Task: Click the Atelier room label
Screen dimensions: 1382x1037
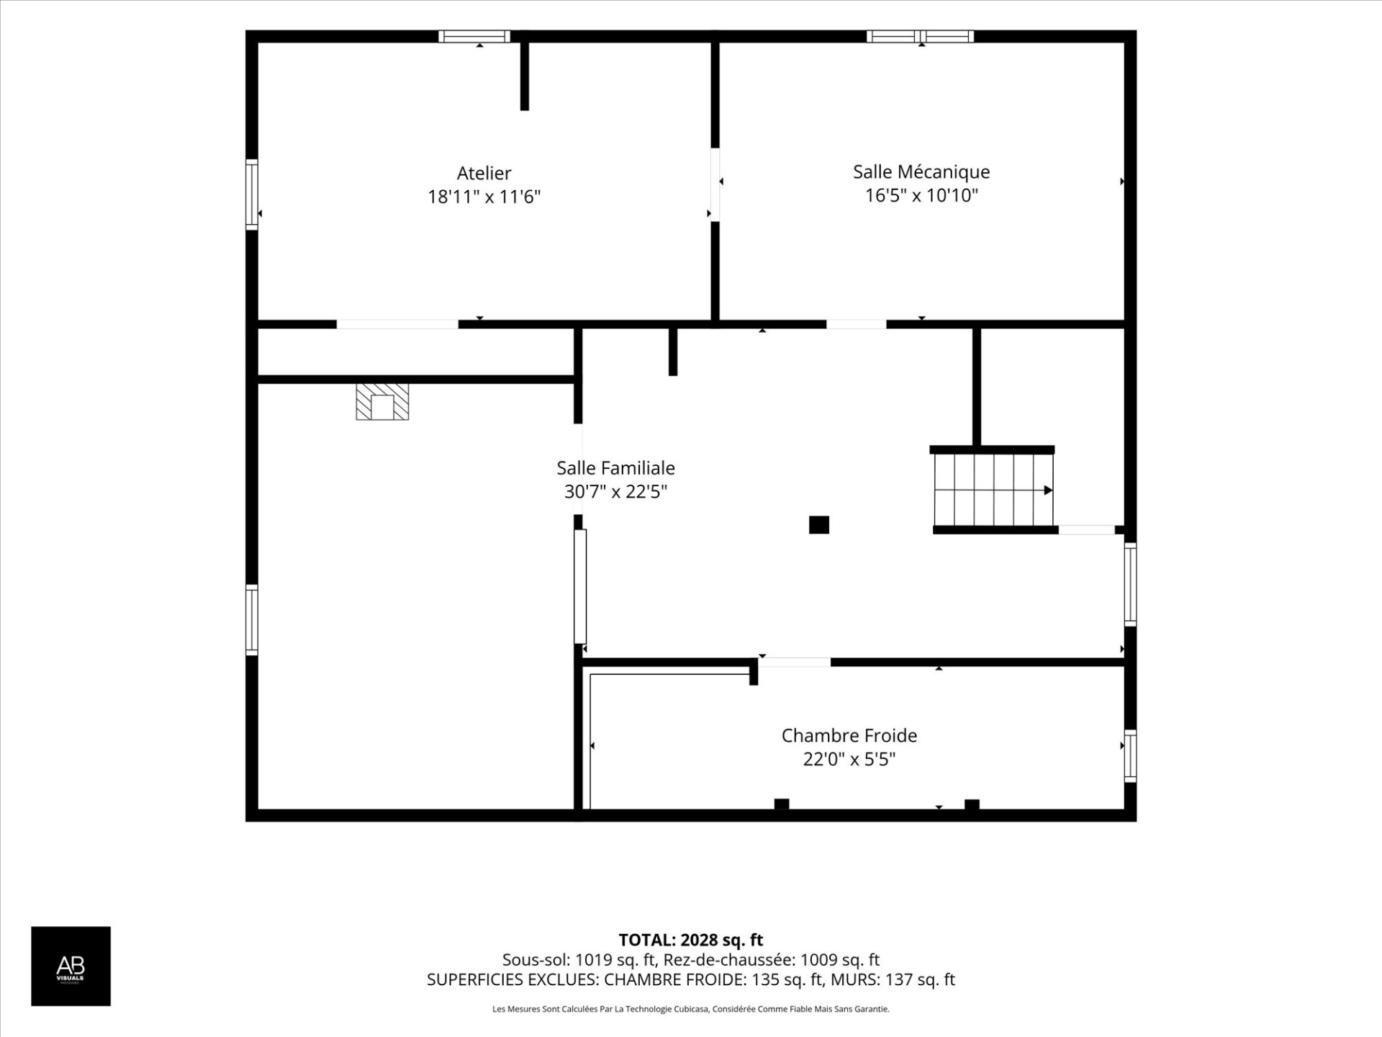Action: click(x=484, y=173)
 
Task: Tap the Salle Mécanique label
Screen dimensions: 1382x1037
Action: click(x=921, y=172)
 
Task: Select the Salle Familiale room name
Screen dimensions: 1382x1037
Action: click(x=615, y=468)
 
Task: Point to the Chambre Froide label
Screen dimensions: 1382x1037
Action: click(x=849, y=735)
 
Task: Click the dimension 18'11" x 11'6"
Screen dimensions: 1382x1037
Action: click(x=484, y=197)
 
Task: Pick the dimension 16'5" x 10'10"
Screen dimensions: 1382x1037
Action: click(x=921, y=195)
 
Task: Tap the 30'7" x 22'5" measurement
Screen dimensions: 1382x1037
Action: click(x=615, y=492)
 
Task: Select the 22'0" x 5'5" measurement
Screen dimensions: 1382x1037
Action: click(x=849, y=759)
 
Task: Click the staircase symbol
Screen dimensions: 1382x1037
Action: click(x=993, y=490)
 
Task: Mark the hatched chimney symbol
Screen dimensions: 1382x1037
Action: click(x=382, y=402)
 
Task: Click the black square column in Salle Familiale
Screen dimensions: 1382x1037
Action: click(x=819, y=525)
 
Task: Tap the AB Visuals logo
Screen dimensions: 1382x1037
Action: click(x=71, y=966)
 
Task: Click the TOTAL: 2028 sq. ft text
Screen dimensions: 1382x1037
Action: click(x=691, y=940)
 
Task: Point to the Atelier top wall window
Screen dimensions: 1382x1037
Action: click(x=474, y=36)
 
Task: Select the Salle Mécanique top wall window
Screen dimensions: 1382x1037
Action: click(x=921, y=36)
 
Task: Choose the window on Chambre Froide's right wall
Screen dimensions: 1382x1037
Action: click(x=1130, y=756)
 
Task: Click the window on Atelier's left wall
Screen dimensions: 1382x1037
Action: click(x=252, y=194)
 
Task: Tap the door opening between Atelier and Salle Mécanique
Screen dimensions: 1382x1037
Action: click(x=715, y=185)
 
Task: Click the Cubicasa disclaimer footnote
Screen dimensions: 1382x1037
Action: click(x=691, y=1009)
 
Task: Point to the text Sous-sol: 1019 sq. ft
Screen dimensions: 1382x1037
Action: click(x=579, y=959)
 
